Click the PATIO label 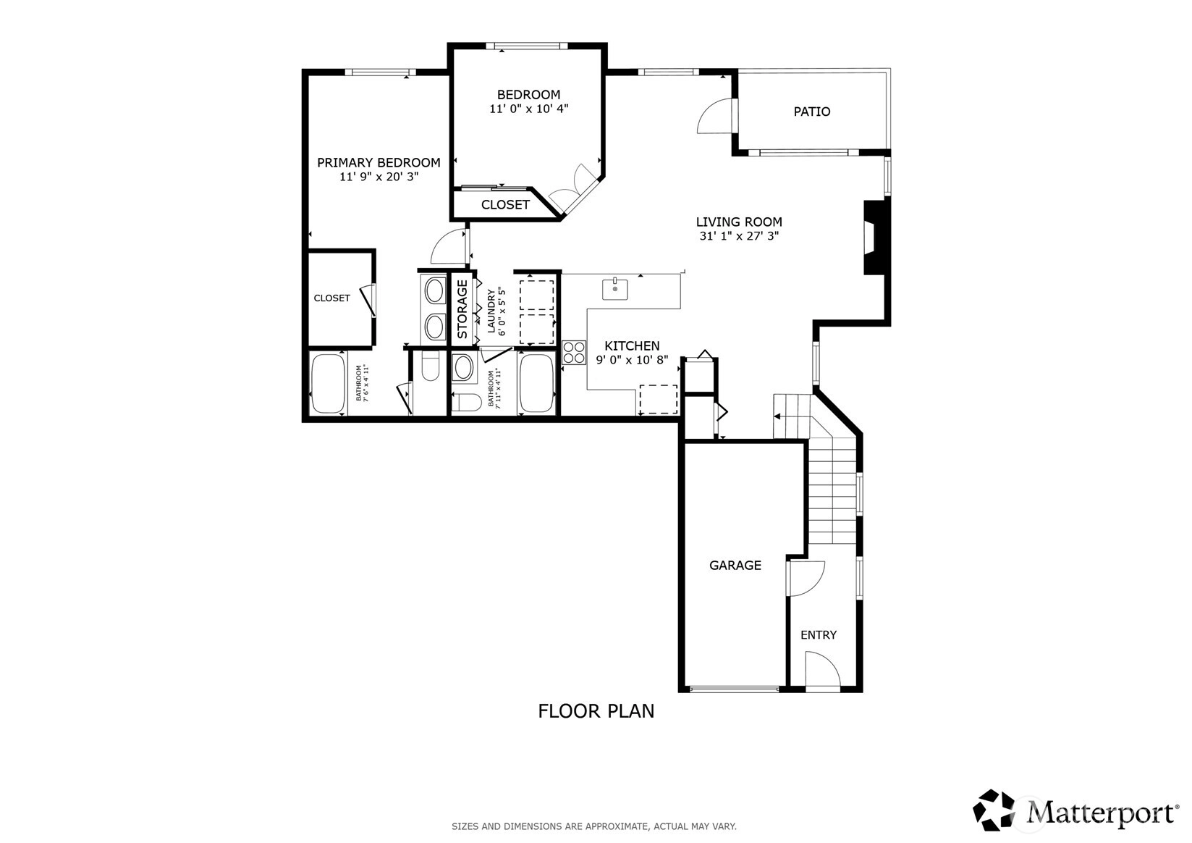(811, 112)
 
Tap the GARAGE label (735, 565)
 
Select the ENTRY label (819, 634)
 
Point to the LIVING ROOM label (739, 222)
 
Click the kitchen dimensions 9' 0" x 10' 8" (632, 360)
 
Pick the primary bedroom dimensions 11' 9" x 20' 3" (379, 176)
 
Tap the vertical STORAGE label (462, 309)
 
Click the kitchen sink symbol (614, 289)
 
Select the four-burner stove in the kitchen (574, 353)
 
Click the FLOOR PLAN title (596, 711)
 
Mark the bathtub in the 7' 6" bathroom (328, 383)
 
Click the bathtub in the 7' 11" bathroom (536, 383)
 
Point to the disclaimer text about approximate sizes (594, 826)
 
